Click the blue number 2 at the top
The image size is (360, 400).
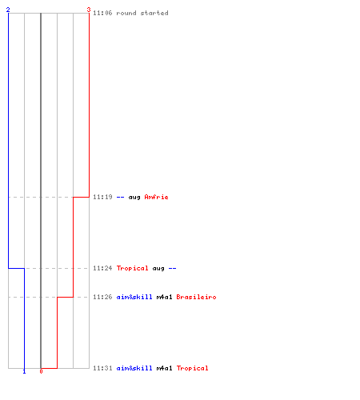point(8,10)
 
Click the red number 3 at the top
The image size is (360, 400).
point(89,10)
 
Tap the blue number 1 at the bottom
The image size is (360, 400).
point(24,371)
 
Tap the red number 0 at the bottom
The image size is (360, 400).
point(41,371)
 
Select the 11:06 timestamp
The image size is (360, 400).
point(102,13)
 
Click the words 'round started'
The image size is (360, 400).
point(142,13)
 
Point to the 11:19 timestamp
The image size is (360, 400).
point(102,197)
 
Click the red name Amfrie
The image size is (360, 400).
point(156,197)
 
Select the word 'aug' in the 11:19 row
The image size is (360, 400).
point(134,198)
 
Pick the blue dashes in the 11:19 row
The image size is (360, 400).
point(121,198)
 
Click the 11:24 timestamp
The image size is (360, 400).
point(102,268)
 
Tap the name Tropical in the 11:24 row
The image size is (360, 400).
point(132,268)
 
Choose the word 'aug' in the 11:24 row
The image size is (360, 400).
point(158,269)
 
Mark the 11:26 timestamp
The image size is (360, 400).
point(102,297)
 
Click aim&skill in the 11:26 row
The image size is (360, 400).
point(134,297)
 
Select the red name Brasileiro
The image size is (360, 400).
point(196,297)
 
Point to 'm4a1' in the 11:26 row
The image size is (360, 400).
point(164,297)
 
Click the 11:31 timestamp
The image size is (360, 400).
point(102,368)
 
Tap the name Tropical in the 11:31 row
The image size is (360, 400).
point(192,369)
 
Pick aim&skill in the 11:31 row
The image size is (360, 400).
point(134,368)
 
